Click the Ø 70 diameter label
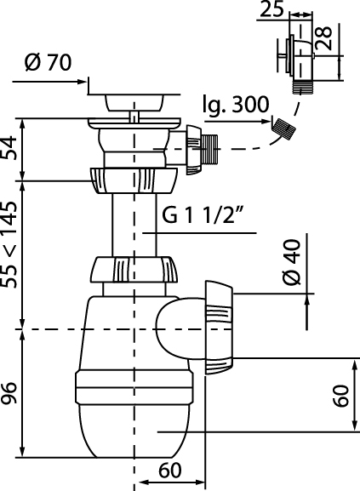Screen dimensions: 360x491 49,63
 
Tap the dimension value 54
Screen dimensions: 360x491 9,147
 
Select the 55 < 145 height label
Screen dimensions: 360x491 9,244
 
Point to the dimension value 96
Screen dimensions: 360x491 9,392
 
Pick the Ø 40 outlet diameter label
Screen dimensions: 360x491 293,262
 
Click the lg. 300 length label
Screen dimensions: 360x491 236,105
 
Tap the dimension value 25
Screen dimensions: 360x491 271,9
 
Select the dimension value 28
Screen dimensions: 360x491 323,38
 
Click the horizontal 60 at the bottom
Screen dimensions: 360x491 170,471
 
